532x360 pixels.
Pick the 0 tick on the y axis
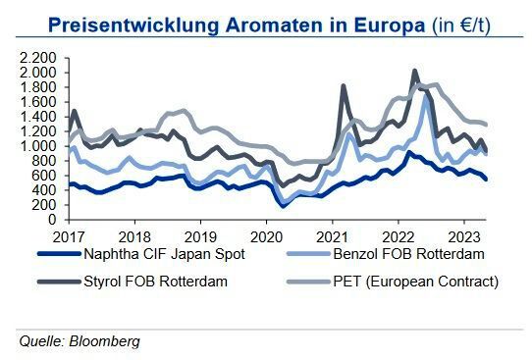[x=49, y=220]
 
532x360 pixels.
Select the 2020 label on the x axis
[x=265, y=236]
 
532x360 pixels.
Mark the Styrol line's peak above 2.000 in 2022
[x=414, y=71]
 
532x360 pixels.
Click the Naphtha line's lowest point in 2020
[x=283, y=206]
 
